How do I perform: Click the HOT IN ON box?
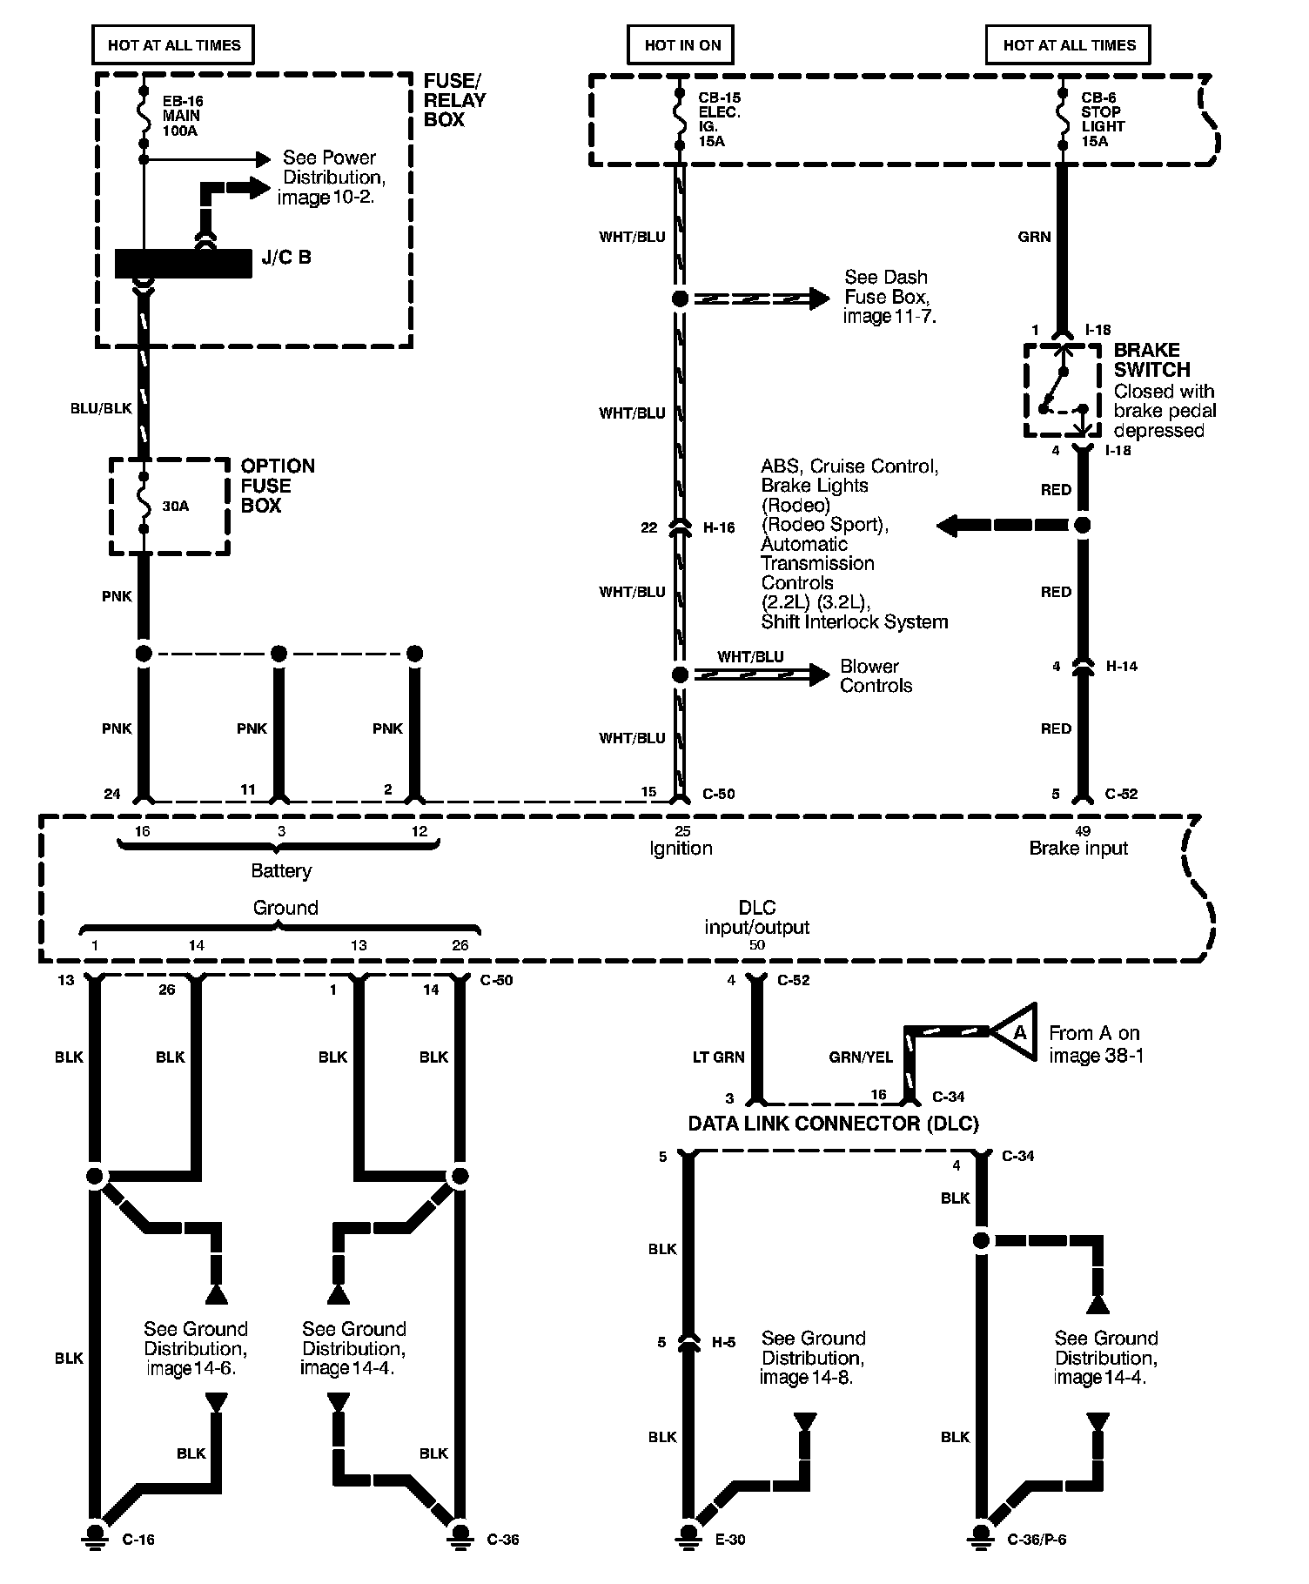682,45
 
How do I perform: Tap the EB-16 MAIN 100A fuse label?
182,116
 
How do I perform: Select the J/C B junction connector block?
183,263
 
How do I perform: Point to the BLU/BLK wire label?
101,408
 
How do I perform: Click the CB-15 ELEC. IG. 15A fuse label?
719,119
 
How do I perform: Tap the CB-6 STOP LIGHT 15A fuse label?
1102,119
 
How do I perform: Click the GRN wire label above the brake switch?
1034,237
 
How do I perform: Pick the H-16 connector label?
719,527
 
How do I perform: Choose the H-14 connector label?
1122,667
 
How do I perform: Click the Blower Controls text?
876,676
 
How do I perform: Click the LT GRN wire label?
718,1057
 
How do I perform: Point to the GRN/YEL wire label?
860,1057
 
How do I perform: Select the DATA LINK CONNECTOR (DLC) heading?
833,1124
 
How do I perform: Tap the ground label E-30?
729,1539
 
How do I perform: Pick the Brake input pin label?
1078,848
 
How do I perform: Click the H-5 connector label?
723,1343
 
